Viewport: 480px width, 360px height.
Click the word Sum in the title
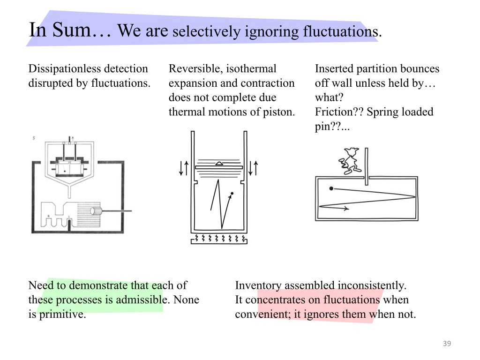(71, 30)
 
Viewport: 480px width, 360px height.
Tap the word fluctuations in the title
(340, 32)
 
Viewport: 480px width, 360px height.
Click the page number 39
(447, 344)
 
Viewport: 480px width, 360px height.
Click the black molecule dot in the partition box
(331, 188)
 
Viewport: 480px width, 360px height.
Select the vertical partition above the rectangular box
(367, 166)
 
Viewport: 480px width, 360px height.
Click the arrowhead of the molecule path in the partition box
(346, 209)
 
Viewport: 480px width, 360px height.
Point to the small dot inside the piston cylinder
(232, 194)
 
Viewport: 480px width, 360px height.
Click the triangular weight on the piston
(219, 164)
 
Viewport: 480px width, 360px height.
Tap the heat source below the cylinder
(219, 239)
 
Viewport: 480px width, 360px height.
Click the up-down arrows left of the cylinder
(184, 168)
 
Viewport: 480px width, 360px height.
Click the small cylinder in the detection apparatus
(96, 211)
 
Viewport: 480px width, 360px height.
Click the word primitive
(62, 315)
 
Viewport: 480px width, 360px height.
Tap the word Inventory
(258, 285)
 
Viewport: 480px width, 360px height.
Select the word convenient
(263, 315)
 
